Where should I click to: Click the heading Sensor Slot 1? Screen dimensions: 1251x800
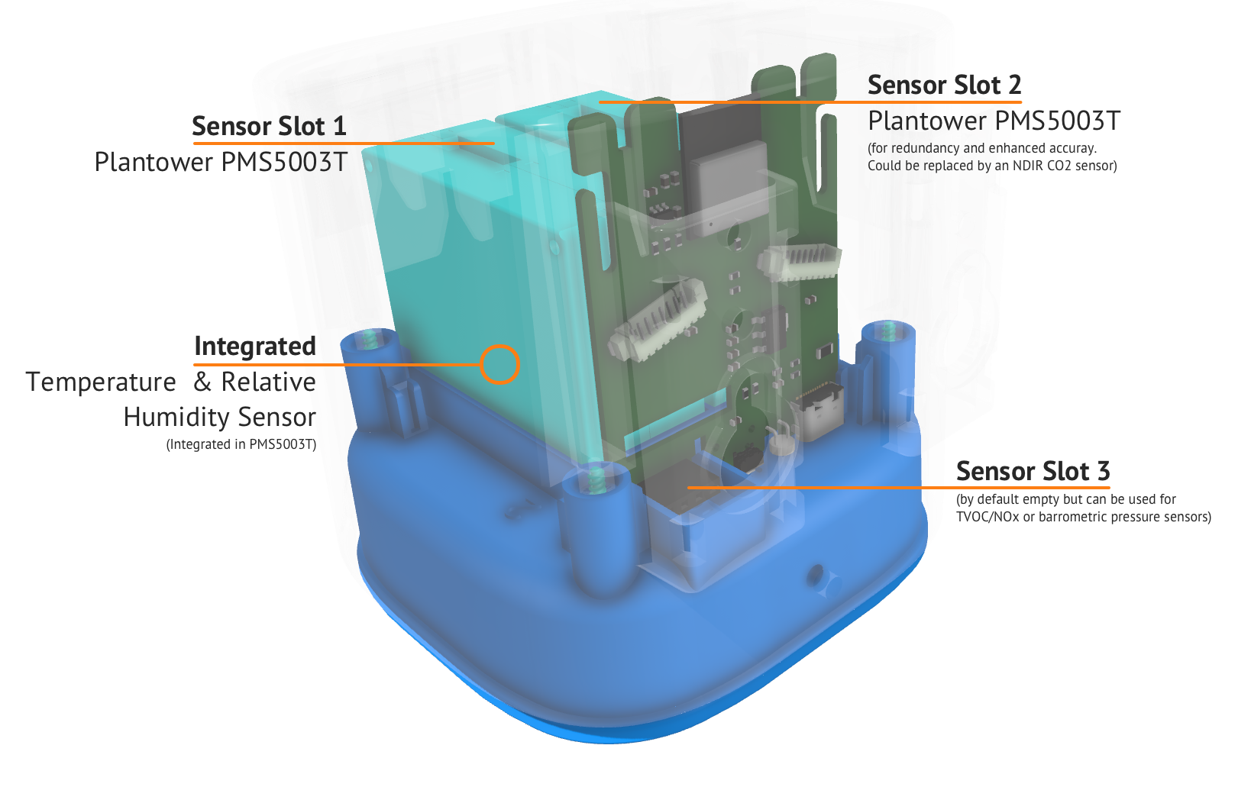[x=269, y=126]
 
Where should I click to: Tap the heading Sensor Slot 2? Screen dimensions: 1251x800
[x=945, y=85]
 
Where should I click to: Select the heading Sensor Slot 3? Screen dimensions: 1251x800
[x=1033, y=471]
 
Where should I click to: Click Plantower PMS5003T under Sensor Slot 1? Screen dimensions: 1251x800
[x=221, y=162]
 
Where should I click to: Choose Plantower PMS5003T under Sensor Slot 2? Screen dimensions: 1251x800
[x=994, y=121]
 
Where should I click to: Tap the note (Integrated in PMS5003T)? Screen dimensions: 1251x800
[x=241, y=444]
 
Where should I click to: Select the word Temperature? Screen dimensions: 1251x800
[x=101, y=382]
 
